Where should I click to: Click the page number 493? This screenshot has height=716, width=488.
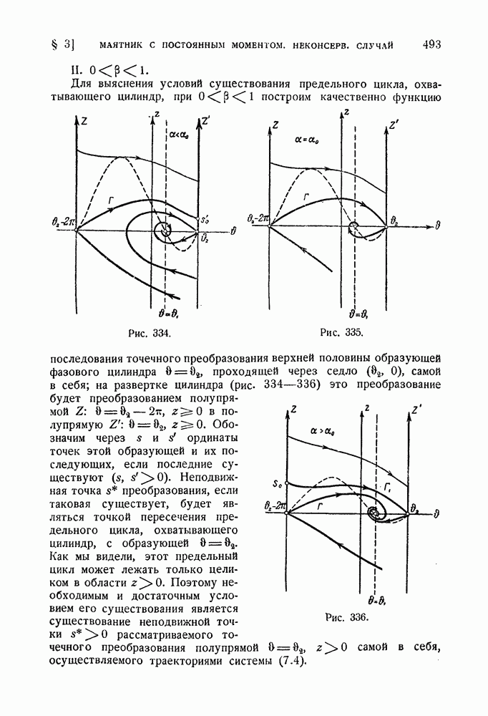[x=431, y=44]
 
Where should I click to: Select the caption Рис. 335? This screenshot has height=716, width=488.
[x=343, y=334]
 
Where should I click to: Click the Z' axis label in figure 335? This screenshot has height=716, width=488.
[x=393, y=126]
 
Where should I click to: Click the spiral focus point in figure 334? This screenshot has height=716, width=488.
[x=165, y=230]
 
